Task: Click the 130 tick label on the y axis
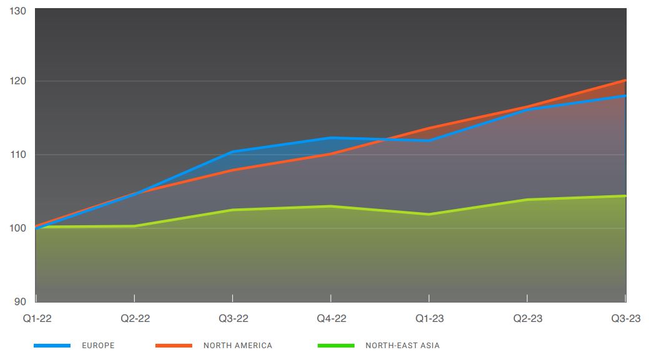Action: tap(18, 12)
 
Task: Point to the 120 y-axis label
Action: tap(18, 81)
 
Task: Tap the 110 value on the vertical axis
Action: tap(18, 154)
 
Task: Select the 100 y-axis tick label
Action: tap(18, 228)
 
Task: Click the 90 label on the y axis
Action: tap(21, 301)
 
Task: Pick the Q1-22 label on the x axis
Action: tap(37, 319)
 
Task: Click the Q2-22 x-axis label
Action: tap(135, 319)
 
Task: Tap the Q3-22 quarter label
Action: tap(233, 319)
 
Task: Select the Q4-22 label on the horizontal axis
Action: tap(331, 319)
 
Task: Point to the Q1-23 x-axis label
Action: tap(429, 319)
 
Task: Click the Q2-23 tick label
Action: tap(527, 319)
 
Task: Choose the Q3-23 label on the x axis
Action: tap(625, 319)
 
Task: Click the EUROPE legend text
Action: tap(98, 346)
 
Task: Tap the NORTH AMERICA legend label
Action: tap(238, 346)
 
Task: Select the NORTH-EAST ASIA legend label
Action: tap(403, 346)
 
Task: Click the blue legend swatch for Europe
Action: tap(52, 346)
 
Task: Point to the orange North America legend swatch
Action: tap(174, 346)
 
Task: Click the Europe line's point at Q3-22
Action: tap(233, 152)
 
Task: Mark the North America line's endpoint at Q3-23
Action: tap(625, 80)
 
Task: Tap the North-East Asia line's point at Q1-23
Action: tap(429, 214)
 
